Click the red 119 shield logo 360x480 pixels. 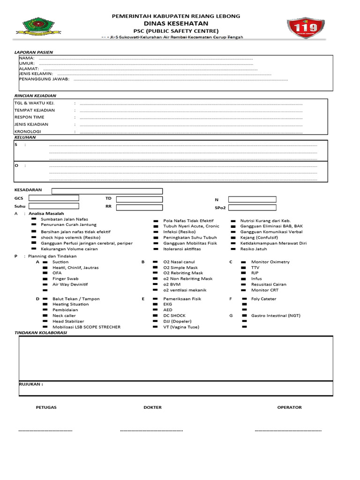click(x=305, y=29)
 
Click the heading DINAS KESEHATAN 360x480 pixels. click(x=176, y=23)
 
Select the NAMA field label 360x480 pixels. click(x=27, y=58)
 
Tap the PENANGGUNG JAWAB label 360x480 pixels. click(x=44, y=79)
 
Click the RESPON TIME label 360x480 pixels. click(x=30, y=117)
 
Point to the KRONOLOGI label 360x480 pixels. click(x=28, y=132)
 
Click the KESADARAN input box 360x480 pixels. click(x=107, y=191)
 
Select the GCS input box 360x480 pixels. click(x=54, y=198)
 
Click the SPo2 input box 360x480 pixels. click(x=253, y=207)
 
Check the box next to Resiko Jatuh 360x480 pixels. click(x=233, y=249)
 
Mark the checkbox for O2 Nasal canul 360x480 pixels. click(x=156, y=262)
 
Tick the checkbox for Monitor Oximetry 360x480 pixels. click(x=243, y=262)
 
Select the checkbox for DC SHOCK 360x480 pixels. click(x=156, y=316)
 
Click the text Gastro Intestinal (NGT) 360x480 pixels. click(x=276, y=316)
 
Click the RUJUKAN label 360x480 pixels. click(x=31, y=384)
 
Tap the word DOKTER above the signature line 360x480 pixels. click(x=152, y=407)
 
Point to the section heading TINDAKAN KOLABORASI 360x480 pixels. click(x=40, y=332)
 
